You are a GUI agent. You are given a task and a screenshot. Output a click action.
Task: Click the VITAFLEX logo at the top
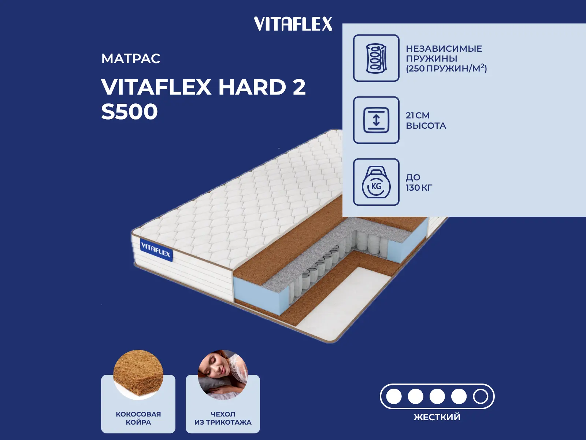293,24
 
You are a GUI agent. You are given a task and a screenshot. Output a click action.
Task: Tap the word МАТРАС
131,59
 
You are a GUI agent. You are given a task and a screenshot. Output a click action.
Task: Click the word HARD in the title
252,87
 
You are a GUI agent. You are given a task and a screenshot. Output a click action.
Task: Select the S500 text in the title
129,112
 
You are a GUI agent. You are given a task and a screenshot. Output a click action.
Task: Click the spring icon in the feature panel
376,58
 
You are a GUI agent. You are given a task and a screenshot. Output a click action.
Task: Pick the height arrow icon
376,120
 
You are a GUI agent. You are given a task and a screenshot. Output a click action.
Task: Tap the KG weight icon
376,182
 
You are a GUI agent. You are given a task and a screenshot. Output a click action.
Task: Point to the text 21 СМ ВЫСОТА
426,121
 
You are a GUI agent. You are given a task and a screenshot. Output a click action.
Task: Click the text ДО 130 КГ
419,183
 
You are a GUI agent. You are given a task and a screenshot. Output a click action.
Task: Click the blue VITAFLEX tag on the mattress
156,250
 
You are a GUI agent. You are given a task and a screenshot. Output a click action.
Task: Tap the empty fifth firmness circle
480,396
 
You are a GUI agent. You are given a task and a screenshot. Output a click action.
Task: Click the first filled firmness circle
394,396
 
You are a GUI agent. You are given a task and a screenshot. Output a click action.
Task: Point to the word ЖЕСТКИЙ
437,417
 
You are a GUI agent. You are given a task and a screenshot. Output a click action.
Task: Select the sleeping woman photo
223,374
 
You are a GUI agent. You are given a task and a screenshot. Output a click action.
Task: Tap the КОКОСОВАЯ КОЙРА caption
138,418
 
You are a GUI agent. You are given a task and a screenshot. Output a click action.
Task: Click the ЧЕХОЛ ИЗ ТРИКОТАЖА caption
223,418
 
